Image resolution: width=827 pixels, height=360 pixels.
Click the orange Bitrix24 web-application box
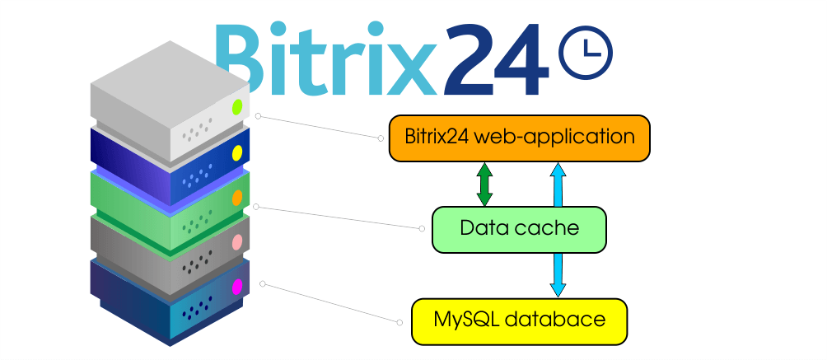[520, 138]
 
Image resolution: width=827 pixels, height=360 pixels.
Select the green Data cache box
[520, 230]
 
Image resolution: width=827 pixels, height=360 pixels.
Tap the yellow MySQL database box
[520, 321]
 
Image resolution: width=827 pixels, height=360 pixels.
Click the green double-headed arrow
[484, 185]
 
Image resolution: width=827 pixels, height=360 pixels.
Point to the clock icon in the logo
[586, 52]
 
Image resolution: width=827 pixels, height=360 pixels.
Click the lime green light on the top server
[237, 107]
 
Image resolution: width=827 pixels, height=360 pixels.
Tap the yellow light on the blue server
[237, 153]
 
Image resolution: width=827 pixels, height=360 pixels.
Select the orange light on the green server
[237, 198]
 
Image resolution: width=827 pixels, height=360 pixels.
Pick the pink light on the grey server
[237, 241]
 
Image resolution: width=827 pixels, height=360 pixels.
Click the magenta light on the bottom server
[237, 287]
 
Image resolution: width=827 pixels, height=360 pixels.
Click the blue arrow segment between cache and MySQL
[558, 275]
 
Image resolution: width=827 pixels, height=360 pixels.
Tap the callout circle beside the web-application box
[381, 138]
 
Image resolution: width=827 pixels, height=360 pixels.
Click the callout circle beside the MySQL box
[399, 322]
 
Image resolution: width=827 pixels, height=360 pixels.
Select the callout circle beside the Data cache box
[422, 228]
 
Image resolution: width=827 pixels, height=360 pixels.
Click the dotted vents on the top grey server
[197, 129]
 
